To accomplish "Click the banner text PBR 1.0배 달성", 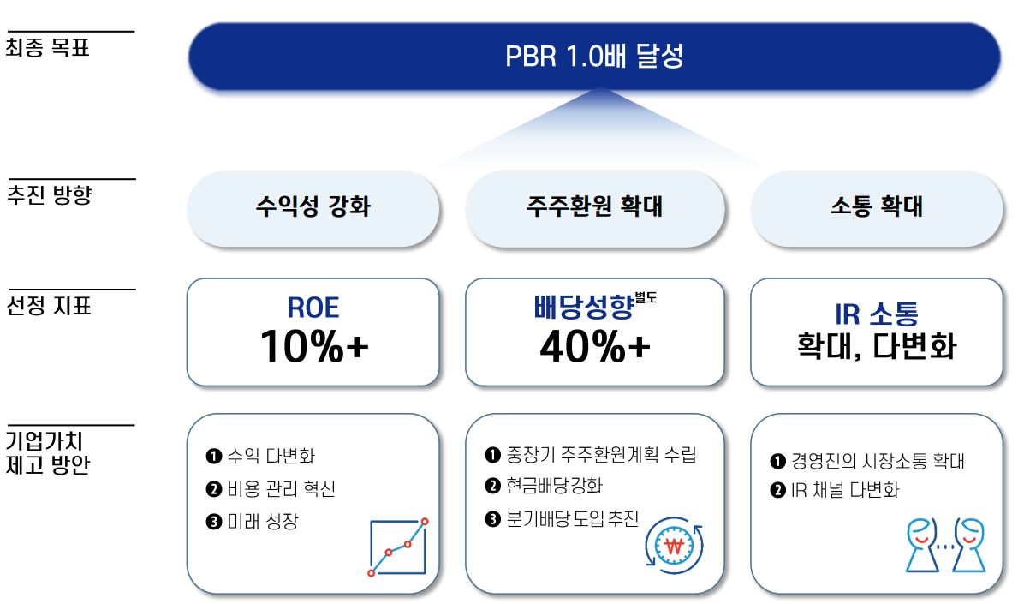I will (x=594, y=57).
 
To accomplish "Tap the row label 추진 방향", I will (x=49, y=194).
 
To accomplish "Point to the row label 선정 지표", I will (x=49, y=305).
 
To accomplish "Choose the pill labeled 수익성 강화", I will (x=313, y=206).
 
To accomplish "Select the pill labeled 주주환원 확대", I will (x=594, y=206).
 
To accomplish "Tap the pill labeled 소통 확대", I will (x=876, y=206).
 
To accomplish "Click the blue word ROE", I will (x=313, y=307).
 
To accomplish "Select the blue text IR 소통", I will (x=876, y=314).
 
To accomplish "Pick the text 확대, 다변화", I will (x=876, y=348).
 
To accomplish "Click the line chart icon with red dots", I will (x=398, y=547).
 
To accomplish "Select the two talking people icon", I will (x=945, y=545).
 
